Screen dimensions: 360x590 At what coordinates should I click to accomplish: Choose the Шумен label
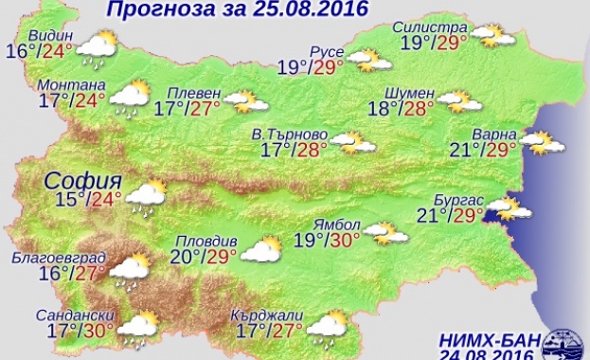409,92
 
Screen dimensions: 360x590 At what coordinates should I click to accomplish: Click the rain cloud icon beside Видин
95,47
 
